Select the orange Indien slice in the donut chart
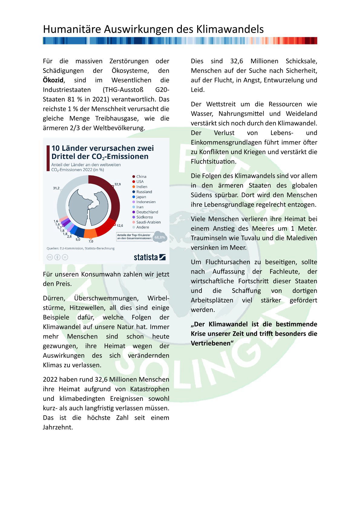coord(90,233)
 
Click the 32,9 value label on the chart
coord(117,184)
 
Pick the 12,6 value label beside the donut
coord(120,225)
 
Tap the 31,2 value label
coord(56,188)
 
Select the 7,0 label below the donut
coord(91,241)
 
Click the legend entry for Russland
coord(144,192)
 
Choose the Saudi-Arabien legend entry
coord(148,222)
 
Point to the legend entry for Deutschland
coord(147,212)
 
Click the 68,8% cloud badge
coord(160,237)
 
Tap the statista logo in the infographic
coord(149,257)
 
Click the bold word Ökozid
coord(53,80)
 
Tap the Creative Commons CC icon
coord(49,257)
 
